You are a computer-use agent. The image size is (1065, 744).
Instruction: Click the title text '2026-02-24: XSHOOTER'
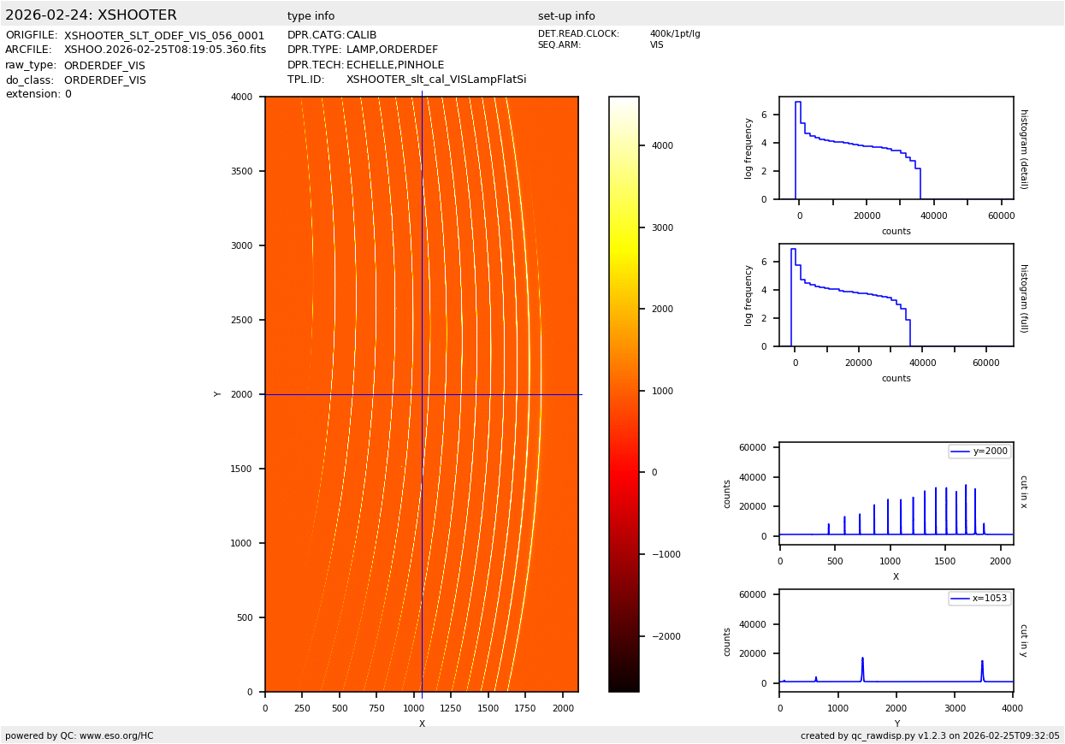pyautogui.click(x=91, y=15)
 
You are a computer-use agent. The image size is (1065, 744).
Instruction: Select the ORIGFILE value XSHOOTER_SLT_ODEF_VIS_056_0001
pyautogui.click(x=164, y=36)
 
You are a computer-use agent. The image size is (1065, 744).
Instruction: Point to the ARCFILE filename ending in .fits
pyautogui.click(x=165, y=50)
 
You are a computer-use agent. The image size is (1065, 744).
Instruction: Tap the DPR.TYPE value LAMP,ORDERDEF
pyautogui.click(x=392, y=50)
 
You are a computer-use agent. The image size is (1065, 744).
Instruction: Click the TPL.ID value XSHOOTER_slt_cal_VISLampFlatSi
pyautogui.click(x=436, y=80)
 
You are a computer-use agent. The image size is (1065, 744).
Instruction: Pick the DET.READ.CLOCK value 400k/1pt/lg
pyautogui.click(x=675, y=34)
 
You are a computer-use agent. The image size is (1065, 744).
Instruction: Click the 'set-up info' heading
pyautogui.click(x=566, y=16)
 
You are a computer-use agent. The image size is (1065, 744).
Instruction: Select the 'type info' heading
pyautogui.click(x=311, y=16)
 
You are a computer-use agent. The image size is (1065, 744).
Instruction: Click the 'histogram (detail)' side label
pyautogui.click(x=1023, y=148)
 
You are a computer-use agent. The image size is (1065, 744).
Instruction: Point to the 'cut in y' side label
pyautogui.click(x=1023, y=640)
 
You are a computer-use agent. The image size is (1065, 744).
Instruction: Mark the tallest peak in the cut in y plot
pyautogui.click(x=862, y=658)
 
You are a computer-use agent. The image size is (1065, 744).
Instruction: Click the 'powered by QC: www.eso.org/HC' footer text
pyautogui.click(x=80, y=735)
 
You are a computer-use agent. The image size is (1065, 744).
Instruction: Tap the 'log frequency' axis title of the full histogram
pyautogui.click(x=748, y=295)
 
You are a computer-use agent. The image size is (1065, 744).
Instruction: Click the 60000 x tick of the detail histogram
pyautogui.click(x=1001, y=216)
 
